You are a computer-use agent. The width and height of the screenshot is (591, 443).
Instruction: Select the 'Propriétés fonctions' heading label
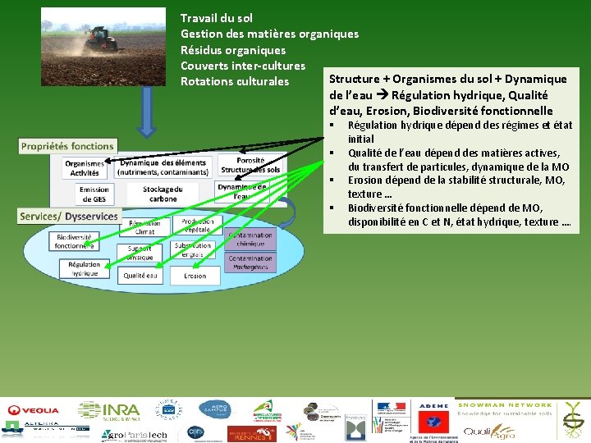tap(67, 146)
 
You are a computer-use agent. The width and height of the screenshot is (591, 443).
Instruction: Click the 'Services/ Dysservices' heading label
tap(69, 216)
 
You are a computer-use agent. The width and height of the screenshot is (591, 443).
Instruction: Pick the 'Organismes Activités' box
tap(84, 168)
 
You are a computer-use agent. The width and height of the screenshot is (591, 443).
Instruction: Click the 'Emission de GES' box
tap(94, 194)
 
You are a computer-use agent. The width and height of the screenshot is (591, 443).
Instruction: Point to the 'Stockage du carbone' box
tap(163, 194)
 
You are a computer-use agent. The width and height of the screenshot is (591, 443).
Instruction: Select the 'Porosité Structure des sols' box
tap(250, 166)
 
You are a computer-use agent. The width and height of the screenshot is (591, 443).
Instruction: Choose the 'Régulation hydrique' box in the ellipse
tap(84, 269)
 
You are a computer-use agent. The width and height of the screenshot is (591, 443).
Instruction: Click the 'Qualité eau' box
tap(140, 276)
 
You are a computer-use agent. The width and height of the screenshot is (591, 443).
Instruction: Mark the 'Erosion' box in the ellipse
tap(195, 276)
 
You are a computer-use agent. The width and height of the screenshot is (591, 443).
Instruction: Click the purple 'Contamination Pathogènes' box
tap(250, 263)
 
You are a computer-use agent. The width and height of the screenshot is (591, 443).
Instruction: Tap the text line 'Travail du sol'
tap(217, 18)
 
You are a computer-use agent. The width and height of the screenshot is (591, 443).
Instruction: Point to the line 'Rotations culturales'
tap(235, 81)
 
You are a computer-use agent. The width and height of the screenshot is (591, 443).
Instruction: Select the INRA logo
tap(108, 410)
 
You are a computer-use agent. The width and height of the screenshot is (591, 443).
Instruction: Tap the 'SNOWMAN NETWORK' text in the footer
tap(505, 405)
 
